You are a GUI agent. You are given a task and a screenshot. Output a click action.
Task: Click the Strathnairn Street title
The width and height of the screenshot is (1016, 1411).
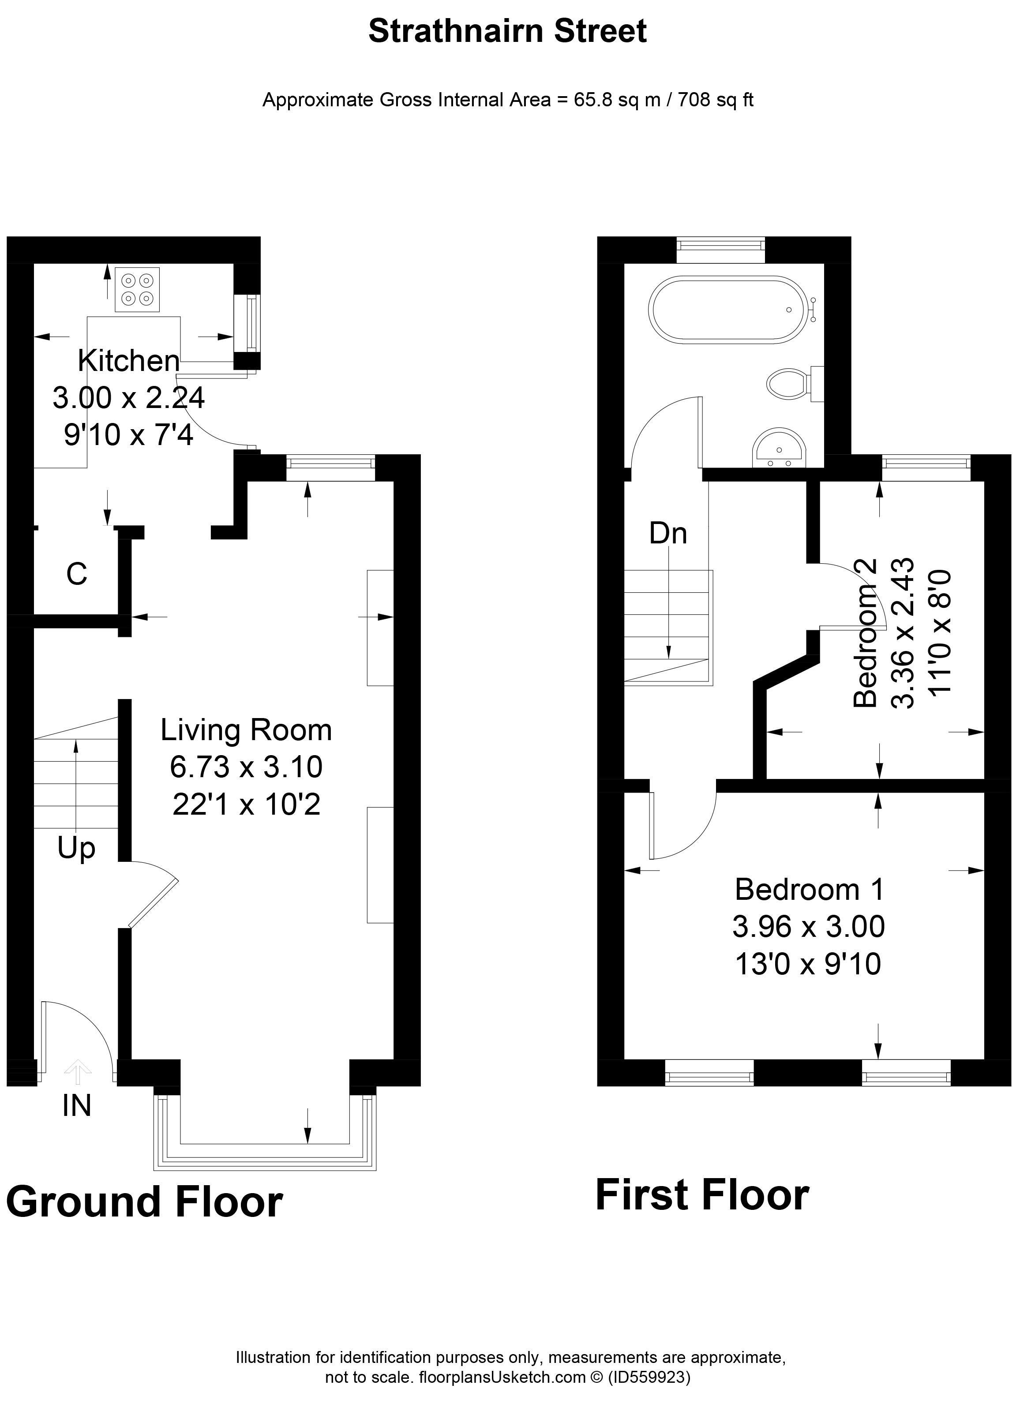(508, 32)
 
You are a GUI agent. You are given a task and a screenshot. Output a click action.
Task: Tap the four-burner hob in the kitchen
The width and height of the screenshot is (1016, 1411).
(137, 289)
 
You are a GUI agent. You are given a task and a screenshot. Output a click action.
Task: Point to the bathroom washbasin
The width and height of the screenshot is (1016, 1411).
(779, 448)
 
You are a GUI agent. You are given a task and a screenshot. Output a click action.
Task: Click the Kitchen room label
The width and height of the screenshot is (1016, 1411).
(129, 361)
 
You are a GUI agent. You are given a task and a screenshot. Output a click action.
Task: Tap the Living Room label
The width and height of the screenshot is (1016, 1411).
(246, 730)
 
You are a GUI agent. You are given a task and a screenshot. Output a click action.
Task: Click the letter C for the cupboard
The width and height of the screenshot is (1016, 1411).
(76, 574)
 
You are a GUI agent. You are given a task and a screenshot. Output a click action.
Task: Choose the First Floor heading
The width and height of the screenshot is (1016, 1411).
(702, 1195)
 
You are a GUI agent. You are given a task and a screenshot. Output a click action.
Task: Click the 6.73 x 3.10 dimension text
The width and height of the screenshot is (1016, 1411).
(246, 767)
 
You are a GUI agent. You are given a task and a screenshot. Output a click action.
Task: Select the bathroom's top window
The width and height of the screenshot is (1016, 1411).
(720, 250)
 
